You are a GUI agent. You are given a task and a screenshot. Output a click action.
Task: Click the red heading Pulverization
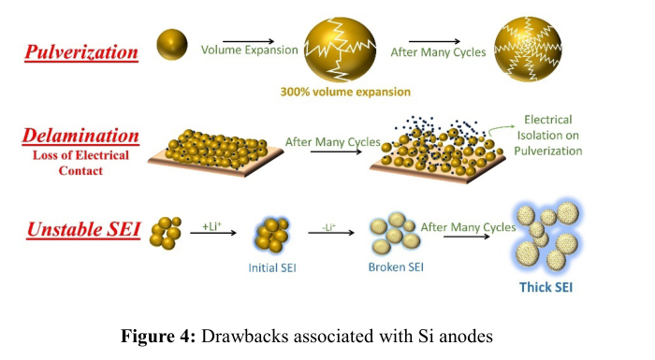81,52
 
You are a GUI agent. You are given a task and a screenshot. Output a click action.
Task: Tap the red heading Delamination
80,136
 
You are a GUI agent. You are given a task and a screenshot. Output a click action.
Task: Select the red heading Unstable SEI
83,229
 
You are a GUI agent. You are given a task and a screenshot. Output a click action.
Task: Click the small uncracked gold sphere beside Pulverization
172,44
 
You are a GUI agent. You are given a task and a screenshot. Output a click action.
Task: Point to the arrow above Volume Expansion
249,41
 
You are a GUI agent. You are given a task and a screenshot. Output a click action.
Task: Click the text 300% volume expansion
345,92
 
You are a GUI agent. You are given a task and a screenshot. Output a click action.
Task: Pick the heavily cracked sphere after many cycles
528,49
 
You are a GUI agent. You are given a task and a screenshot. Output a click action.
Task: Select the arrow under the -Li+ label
331,233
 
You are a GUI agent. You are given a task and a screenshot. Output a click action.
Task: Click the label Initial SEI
272,267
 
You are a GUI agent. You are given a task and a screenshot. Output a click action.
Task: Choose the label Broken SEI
396,266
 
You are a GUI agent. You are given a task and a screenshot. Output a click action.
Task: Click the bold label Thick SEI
546,287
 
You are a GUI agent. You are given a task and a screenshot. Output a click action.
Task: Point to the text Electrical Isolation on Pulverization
548,136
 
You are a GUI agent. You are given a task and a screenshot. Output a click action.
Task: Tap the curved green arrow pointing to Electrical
501,128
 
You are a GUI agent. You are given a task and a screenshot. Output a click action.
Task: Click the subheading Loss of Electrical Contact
80,163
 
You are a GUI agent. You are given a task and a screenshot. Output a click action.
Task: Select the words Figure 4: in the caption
158,337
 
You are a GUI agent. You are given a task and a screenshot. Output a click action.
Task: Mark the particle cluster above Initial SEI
272,235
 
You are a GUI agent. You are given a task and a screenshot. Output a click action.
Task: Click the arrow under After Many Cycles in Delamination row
336,151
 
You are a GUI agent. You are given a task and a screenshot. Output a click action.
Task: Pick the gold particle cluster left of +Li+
166,233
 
